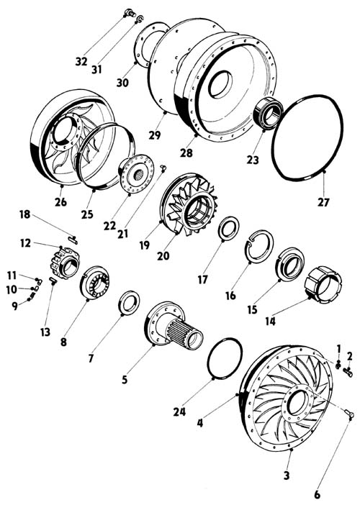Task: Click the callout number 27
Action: tap(323, 202)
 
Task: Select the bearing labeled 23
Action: tap(268, 113)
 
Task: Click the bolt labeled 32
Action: tap(130, 13)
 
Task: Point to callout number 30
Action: tap(122, 83)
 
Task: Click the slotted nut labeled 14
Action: tap(323, 285)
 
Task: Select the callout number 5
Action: tap(125, 380)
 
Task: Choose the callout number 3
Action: tap(287, 476)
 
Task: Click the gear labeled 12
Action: tap(65, 262)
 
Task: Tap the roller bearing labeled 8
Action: tap(94, 283)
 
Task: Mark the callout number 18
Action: tap(24, 214)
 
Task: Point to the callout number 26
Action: tap(60, 202)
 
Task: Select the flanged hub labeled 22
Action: tap(135, 174)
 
